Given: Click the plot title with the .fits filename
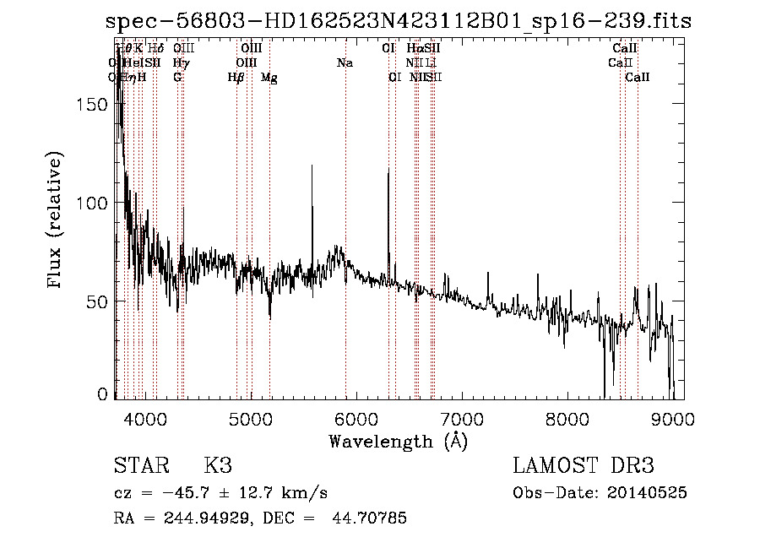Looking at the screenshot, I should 398,21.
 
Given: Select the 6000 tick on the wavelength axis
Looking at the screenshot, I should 356,417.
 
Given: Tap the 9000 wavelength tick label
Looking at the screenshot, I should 673,417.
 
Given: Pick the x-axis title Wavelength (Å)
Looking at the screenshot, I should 398,441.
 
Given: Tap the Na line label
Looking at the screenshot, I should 345,63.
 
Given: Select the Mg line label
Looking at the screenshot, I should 269,78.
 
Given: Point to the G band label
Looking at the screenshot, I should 177,78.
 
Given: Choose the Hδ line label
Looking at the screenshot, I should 156,49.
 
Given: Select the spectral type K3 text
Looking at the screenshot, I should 218,466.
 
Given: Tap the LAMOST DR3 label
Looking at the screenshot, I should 583,466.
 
